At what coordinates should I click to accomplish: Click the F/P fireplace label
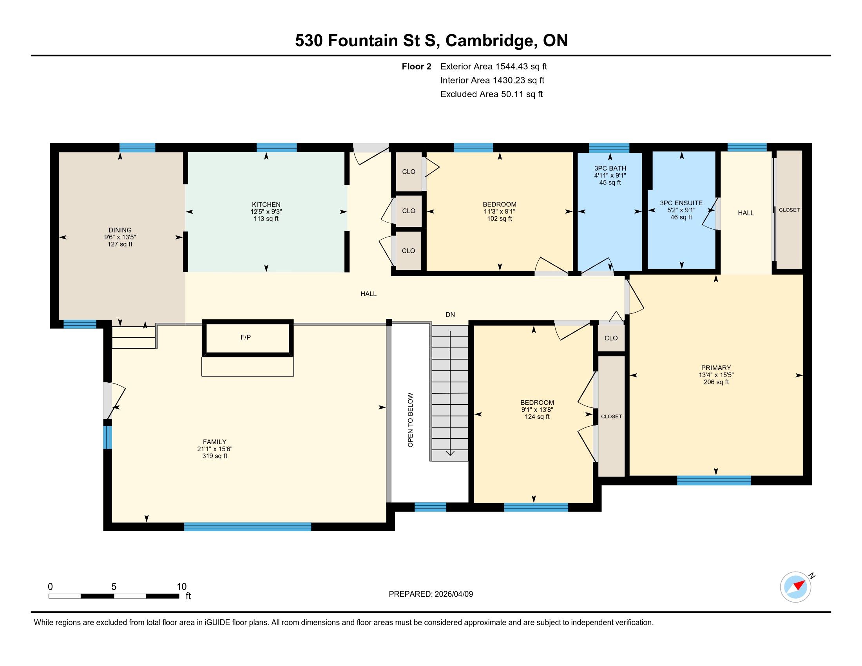tap(246, 337)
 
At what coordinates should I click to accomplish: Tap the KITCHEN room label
tap(266, 205)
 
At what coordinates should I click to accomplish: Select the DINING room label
tap(120, 230)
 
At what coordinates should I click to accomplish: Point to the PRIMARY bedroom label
tap(716, 368)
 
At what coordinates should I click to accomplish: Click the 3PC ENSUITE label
tap(681, 203)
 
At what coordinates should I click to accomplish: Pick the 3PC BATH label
tap(610, 168)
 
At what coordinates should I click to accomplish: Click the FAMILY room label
tap(215, 442)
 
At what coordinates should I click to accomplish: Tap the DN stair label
tap(450, 315)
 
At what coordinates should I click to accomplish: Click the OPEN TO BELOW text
tap(411, 420)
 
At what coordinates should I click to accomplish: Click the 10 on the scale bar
tap(181, 587)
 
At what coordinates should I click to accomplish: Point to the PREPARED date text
tap(431, 594)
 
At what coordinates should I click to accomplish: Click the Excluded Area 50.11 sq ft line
tap(491, 94)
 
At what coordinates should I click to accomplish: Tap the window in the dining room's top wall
tap(138, 148)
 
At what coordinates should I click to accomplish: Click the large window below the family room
tap(248, 527)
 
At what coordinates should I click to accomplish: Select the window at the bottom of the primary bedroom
tap(714, 481)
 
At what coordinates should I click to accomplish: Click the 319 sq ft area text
tap(215, 456)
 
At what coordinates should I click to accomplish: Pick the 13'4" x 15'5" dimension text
tap(716, 375)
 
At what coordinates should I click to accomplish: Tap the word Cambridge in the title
tap(489, 41)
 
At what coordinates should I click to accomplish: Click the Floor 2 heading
tap(417, 67)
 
